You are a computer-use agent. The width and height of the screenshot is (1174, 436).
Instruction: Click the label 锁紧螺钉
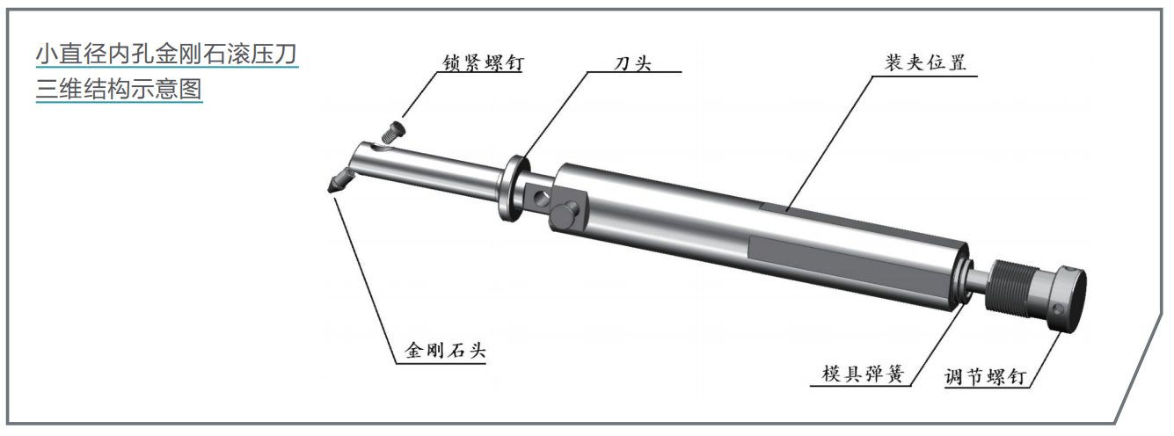[483, 63]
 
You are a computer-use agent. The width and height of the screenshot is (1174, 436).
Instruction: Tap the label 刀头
[633, 63]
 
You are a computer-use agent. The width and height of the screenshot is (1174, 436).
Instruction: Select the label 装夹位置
[926, 62]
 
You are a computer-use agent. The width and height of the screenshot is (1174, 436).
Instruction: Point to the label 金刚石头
[446, 350]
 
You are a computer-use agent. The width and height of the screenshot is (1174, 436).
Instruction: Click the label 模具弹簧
[864, 374]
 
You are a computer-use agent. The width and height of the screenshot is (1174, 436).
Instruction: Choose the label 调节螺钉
[985, 377]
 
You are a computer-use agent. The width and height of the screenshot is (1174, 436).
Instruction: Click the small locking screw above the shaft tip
[393, 131]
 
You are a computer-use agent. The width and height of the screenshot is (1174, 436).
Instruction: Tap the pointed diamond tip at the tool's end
[339, 181]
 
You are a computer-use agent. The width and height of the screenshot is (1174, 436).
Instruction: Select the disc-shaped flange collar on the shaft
[513, 187]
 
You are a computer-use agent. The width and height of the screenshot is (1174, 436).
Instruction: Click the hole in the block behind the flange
[541, 198]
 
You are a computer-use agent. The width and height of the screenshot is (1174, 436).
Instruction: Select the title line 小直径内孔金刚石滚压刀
[167, 54]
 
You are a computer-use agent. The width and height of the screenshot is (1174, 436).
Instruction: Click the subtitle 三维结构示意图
[119, 89]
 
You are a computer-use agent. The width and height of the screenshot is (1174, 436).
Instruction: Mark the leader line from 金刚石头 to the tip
[365, 280]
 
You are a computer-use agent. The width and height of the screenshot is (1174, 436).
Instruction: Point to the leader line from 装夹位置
[829, 143]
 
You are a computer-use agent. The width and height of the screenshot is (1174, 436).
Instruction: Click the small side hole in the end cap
[1059, 309]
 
